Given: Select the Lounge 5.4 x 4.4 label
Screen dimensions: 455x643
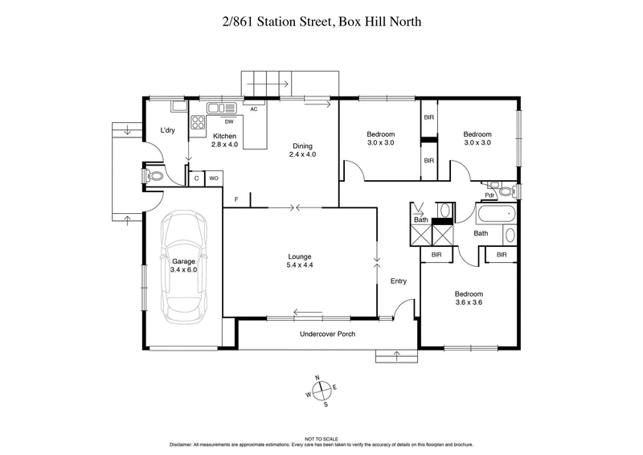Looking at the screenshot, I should pos(299,261).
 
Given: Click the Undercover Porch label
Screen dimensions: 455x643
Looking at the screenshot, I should pos(327,334).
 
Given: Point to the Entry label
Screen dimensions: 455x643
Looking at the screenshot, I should pos(399,281).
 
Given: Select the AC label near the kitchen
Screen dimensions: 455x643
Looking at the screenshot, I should pos(253,109).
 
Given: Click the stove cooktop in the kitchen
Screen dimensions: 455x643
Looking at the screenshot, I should pos(197,123).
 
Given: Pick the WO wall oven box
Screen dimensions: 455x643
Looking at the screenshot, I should pos(215,178).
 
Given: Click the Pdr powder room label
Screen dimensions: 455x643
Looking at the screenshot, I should pos(489,195).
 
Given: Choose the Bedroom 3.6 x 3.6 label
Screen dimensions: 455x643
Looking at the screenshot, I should pos(469,299).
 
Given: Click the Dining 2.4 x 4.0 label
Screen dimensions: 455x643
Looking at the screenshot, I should pos(304,150).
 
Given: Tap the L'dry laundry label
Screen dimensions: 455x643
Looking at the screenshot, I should pos(167,131).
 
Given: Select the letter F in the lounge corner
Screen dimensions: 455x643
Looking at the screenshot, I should pos(236,199).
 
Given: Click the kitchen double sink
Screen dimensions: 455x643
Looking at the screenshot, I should pos(219,108).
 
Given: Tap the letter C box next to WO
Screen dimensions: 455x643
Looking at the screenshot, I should pos(197,178).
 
